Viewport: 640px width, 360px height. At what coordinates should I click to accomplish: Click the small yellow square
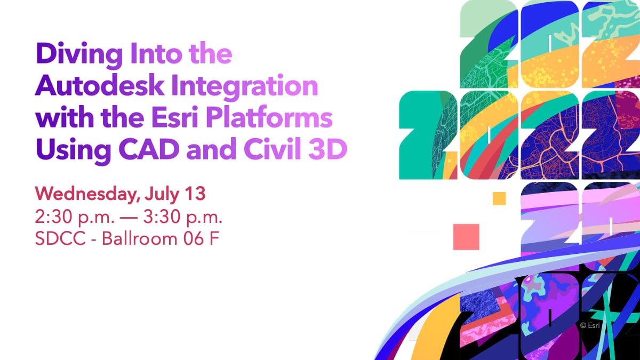[x=499, y=198]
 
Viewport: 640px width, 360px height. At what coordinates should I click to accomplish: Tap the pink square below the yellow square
[x=466, y=237]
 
